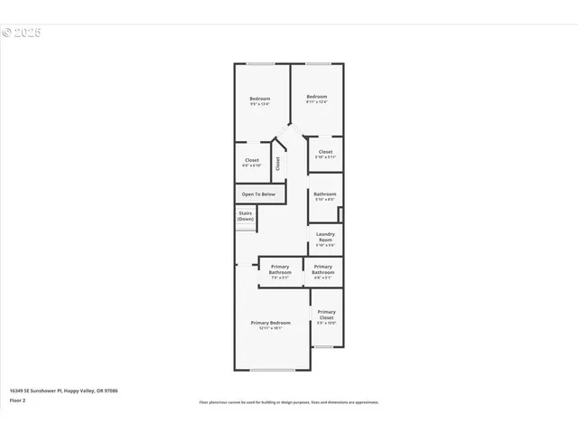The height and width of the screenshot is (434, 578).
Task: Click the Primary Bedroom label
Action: [271, 323]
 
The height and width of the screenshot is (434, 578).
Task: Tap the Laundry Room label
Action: [325, 237]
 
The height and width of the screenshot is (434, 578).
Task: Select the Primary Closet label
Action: [326, 312]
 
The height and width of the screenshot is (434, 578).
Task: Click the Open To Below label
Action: [257, 194]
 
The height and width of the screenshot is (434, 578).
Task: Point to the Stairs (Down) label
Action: [246, 216]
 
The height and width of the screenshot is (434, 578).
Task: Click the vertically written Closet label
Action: [278, 164]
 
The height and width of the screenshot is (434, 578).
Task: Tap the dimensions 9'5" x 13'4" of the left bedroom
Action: [260, 104]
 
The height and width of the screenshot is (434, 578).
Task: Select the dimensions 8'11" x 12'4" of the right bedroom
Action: [315, 101]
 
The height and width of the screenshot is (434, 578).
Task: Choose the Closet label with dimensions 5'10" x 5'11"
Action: [325, 152]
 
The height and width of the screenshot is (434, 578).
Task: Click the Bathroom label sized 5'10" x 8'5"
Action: [325, 194]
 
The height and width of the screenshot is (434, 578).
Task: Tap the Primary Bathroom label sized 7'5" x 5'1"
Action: [280, 267]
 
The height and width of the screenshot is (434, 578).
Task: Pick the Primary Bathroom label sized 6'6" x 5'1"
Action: [322, 267]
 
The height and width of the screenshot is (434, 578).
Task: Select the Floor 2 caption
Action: [18, 400]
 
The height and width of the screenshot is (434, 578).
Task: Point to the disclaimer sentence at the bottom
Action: [288, 402]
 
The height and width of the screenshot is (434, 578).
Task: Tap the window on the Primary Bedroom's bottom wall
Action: [272, 370]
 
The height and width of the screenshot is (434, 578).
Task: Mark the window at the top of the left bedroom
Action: [261, 63]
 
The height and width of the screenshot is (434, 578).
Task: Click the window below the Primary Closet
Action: [324, 346]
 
